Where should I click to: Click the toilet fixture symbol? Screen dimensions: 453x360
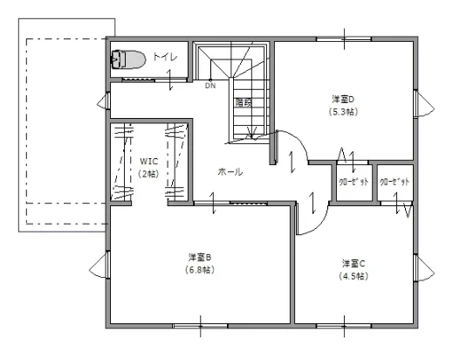tap(128, 59)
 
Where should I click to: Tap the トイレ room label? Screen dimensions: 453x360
tap(165, 57)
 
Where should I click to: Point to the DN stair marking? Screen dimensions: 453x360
tap(210, 86)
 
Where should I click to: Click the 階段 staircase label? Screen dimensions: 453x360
tap(244, 102)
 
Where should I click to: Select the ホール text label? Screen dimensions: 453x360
tap(230, 171)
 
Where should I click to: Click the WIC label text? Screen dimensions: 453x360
tap(148, 161)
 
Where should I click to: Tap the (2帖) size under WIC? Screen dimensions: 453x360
tap(148, 174)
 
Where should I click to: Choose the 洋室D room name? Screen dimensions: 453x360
tap(343, 99)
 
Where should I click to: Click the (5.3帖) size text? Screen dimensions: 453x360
tap(343, 112)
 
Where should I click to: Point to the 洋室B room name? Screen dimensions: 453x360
tap(200, 257)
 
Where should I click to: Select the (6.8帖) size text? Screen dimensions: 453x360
tap(200, 270)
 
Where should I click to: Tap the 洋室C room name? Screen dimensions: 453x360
tap(353, 263)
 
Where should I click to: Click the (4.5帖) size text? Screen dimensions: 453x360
tap(353, 276)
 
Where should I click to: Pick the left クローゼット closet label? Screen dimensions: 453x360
tap(354, 182)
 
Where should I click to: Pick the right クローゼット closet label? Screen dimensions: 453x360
tap(395, 182)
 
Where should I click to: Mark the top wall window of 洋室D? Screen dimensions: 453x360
tap(344, 39)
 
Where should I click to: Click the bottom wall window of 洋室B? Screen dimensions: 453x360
tap(200, 326)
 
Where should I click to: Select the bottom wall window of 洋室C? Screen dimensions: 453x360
tap(344, 326)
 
